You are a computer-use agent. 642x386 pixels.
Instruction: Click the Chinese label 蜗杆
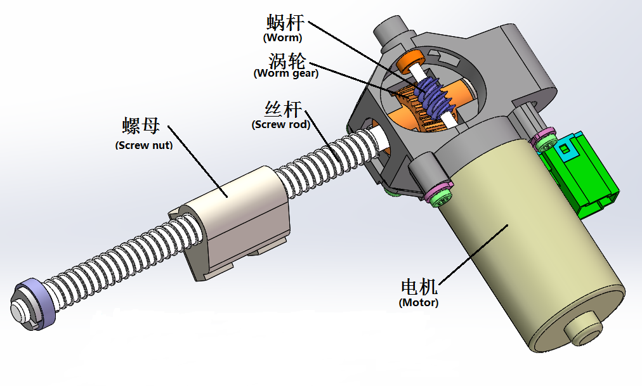pos(285,24)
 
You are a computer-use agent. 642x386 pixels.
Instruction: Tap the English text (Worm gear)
pos(286,73)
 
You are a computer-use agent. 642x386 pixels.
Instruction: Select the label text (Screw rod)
pos(281,124)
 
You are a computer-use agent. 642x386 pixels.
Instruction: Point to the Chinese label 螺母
pos(141,125)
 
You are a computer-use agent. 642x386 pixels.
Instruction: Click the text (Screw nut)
pos(144,145)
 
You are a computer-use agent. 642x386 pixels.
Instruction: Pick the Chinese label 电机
pos(419,287)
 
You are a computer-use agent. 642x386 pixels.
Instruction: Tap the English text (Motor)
pos(419,303)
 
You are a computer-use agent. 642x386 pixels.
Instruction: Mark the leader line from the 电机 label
pos(469,254)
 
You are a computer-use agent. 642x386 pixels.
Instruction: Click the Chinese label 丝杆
pos(282,108)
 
